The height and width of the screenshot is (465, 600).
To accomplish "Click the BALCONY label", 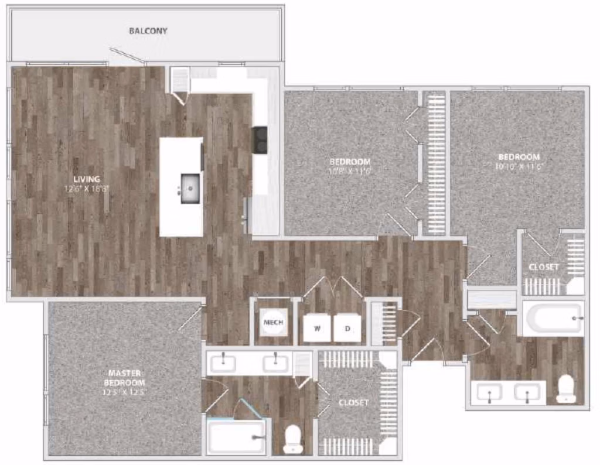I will click(148, 30).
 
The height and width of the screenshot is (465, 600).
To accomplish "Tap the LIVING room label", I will click(87, 179).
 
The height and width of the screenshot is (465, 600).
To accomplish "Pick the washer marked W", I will click(317, 329).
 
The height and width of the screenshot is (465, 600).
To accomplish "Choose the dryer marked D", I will click(347, 329).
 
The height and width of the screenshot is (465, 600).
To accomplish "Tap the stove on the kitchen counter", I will click(260, 140).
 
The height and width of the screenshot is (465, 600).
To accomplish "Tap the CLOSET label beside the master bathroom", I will click(354, 402).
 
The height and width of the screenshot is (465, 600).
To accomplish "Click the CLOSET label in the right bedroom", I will click(543, 267).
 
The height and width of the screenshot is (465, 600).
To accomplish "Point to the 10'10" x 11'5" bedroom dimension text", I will click(519, 166).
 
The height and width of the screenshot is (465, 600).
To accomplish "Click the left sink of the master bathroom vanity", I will click(223, 363).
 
